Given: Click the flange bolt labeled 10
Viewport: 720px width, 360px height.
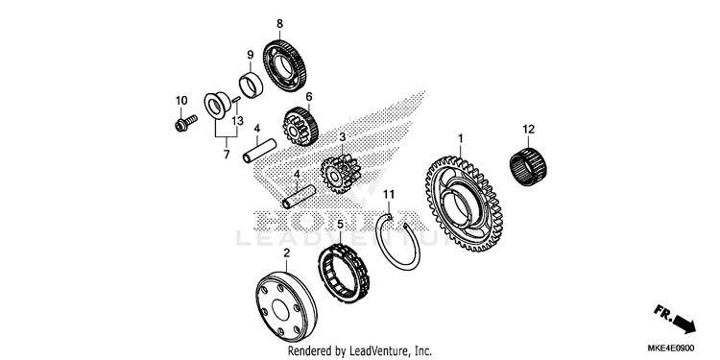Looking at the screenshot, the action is click(185, 123).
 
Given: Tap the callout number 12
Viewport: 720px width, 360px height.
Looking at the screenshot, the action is click(529, 130).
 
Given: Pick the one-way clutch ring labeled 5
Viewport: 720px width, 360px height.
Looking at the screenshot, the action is click(345, 274).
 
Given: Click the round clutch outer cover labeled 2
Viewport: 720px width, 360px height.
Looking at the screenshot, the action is click(286, 307).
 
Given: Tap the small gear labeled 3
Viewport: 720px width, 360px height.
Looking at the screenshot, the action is click(340, 175).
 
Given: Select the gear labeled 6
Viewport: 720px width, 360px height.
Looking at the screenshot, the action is click(300, 127).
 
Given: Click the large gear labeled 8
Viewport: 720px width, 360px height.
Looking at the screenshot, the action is click(285, 66).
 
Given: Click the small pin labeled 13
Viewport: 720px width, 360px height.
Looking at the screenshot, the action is click(236, 100).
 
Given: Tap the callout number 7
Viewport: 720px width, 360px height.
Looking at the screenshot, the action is click(227, 156).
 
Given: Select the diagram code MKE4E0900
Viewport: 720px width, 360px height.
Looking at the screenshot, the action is click(671, 348).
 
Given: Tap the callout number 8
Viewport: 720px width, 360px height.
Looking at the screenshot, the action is click(279, 24).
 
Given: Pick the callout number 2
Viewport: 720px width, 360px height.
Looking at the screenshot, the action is click(286, 253).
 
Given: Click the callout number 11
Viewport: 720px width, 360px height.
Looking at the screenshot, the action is click(389, 195).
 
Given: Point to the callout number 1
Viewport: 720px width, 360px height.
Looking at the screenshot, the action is click(461, 138).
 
